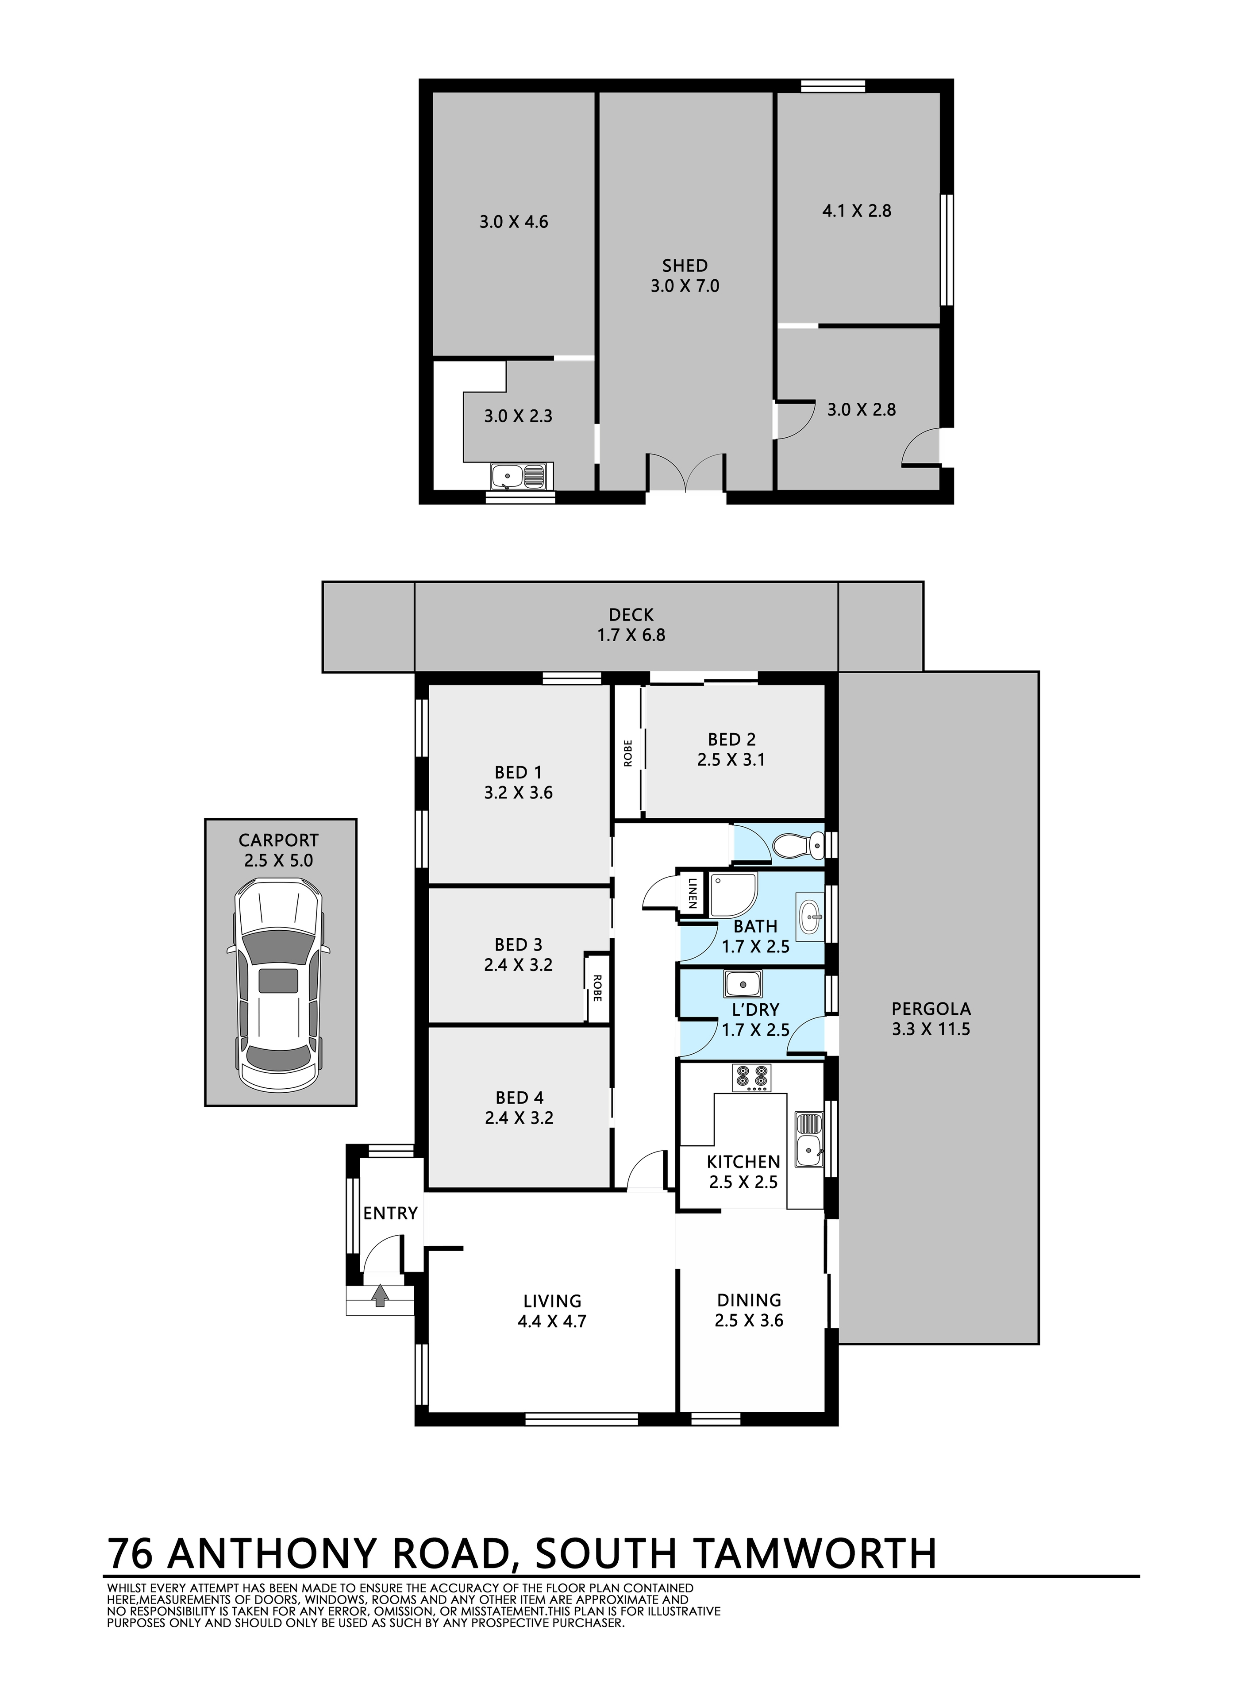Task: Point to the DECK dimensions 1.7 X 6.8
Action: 631,635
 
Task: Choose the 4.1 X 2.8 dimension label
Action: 857,211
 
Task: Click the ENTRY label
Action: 390,1213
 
